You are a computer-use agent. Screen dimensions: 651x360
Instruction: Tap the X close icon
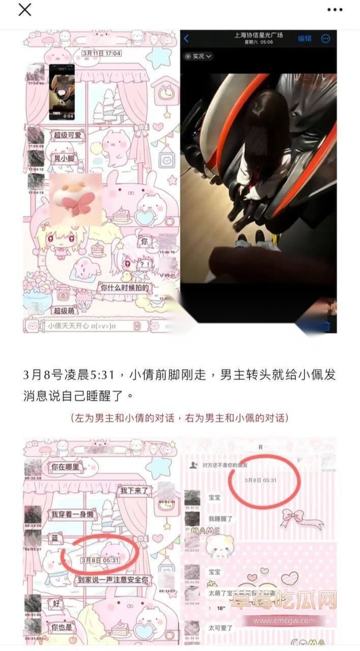point(24,10)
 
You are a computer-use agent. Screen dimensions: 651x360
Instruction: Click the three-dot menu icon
point(335,10)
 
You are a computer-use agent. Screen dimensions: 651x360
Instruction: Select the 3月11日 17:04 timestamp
point(102,53)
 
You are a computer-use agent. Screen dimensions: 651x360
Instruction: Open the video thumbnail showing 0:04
point(62,92)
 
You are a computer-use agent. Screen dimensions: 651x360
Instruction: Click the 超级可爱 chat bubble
point(68,135)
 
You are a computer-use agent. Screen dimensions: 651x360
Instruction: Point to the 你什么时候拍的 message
point(125,288)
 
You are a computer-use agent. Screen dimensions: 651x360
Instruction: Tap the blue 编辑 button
point(305,38)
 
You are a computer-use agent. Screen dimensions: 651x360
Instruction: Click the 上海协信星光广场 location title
point(258,35)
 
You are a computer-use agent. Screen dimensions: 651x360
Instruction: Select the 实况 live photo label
point(198,56)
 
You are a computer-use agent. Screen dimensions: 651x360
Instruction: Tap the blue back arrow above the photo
point(187,38)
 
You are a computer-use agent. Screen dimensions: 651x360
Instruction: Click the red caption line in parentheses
point(180,418)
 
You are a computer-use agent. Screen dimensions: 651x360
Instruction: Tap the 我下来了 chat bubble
point(133,491)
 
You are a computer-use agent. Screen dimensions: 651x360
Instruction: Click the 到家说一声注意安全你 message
point(113,579)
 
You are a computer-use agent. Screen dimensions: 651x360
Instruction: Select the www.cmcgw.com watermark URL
point(284,620)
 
